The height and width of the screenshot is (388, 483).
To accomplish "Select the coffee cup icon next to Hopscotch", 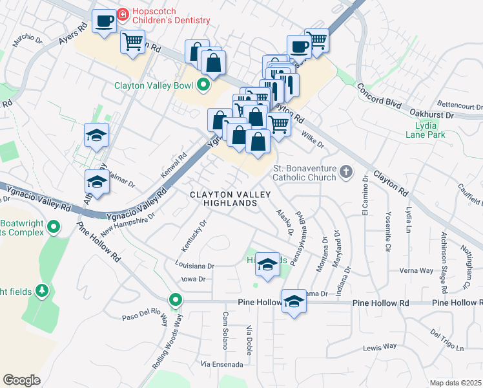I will pos(104,21).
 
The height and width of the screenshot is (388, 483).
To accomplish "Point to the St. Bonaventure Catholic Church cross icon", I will pos(347,171).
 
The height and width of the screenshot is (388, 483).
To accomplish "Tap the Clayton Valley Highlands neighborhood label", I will pos(223,199).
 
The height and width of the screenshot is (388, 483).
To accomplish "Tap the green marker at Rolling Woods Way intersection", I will pos(175,300).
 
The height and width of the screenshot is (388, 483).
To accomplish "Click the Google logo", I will pos(22,380).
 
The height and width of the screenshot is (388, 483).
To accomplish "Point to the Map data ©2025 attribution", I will pos(455,383).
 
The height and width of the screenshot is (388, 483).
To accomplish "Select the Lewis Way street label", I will pos(380,347).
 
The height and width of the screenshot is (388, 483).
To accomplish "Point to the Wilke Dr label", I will pos(312,139).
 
